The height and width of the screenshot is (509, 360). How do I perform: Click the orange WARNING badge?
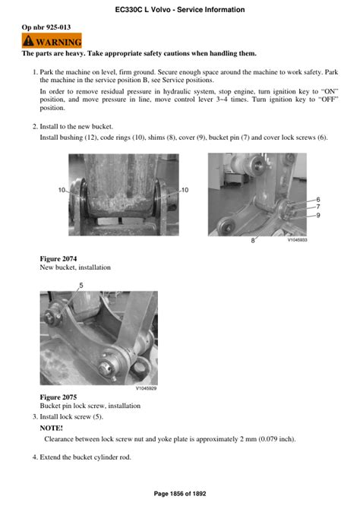tap(52, 41)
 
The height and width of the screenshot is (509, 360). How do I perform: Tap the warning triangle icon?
tap(28, 41)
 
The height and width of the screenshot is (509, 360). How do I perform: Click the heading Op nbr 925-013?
tap(46, 27)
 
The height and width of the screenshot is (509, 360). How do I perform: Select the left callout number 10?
tap(62, 190)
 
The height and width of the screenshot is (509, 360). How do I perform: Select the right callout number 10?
tap(185, 190)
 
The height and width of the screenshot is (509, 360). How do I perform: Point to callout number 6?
tap(318, 200)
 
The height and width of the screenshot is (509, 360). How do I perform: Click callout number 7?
tap(318, 207)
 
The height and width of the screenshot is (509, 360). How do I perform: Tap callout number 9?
tap(318, 215)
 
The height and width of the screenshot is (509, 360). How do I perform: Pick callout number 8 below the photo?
tap(253, 241)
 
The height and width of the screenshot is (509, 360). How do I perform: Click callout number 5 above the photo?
tap(81, 286)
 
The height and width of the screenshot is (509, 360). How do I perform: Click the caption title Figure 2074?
tap(58, 259)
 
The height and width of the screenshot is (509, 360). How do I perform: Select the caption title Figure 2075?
tap(58, 397)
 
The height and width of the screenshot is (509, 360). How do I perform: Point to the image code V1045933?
tap(297, 240)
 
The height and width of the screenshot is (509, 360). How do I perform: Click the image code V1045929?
tap(146, 388)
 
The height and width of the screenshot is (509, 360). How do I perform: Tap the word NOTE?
tap(52, 428)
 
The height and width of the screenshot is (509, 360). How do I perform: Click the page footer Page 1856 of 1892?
tap(180, 494)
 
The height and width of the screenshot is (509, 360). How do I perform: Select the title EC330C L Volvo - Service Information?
tap(180, 10)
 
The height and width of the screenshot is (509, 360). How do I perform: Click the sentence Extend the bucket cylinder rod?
tap(85, 457)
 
